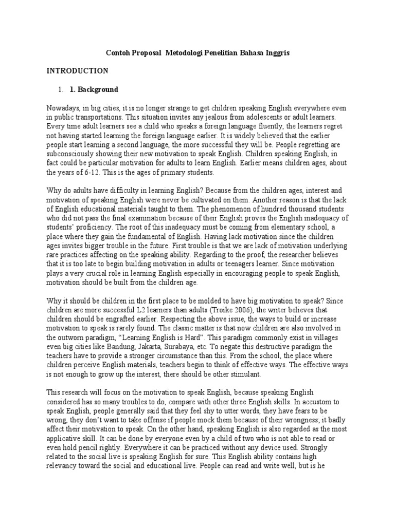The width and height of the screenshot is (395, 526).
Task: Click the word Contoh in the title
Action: click(x=118, y=53)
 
